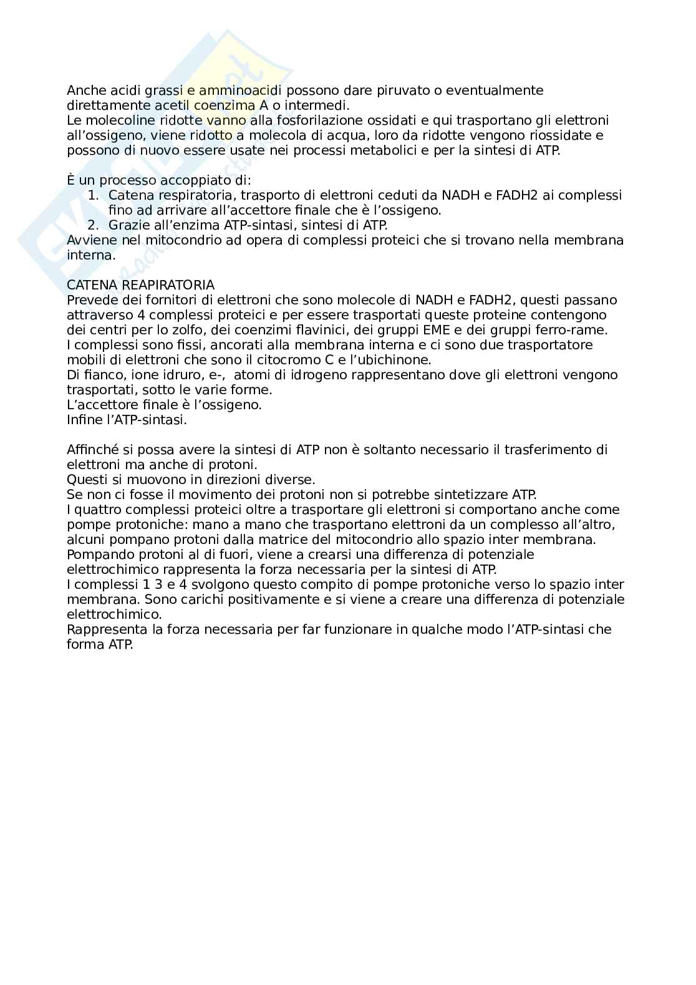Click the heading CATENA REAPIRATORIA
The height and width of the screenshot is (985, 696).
(140, 285)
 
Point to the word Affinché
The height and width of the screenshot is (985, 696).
(92, 450)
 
